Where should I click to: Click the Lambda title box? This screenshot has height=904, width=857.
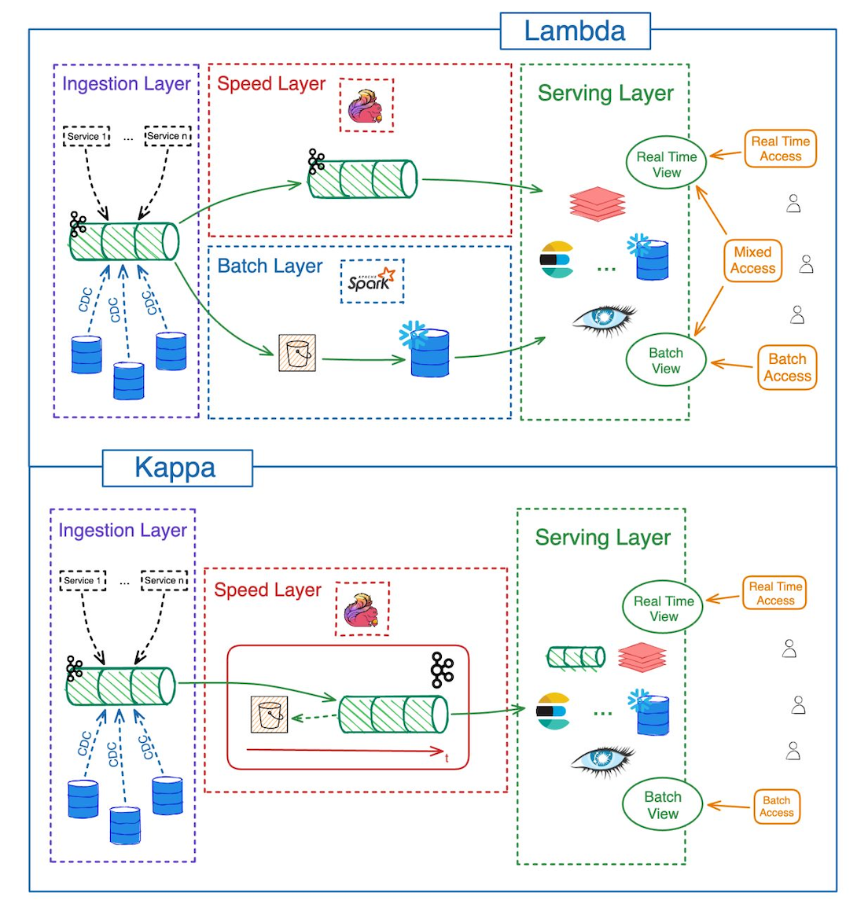pos(575,31)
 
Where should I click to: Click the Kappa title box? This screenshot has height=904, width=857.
pos(177,468)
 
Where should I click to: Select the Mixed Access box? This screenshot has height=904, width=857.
pos(752,260)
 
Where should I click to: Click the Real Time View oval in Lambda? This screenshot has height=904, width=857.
pos(666,164)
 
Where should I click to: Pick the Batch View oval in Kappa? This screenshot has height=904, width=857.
pos(662,805)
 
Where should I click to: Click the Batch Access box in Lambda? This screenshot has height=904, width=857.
pos(787,368)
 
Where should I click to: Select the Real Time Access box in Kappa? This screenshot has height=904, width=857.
pos(774,593)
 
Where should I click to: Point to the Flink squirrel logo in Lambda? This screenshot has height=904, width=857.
pos(366,105)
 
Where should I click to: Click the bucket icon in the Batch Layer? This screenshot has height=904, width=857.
pos(297,353)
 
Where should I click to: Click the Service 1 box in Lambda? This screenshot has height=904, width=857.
pos(86,136)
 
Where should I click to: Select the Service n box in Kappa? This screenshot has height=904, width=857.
pos(164,581)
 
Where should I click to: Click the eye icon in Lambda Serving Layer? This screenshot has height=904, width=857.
pos(603,317)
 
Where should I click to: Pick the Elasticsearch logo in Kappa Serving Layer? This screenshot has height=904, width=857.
pos(554,711)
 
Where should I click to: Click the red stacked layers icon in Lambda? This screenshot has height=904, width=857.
pos(598,203)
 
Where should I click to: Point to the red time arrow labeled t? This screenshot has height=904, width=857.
pos(346,751)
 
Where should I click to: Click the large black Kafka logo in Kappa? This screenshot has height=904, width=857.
pos(442,670)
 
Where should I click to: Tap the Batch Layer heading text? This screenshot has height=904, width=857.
pos(270,266)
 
